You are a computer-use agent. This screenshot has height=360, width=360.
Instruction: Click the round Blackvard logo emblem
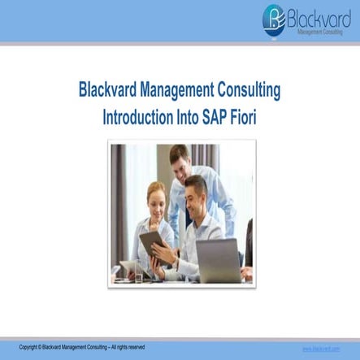pos(274,20)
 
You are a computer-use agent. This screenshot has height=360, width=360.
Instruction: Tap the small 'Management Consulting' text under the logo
pos(320,32)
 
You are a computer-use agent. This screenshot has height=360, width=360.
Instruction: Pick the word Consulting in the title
pos(255,89)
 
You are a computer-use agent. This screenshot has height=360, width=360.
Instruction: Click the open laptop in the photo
pos(217,259)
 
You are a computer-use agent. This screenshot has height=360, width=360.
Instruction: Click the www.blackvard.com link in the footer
pos(321,348)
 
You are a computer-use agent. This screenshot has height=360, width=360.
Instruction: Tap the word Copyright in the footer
pos(30,348)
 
